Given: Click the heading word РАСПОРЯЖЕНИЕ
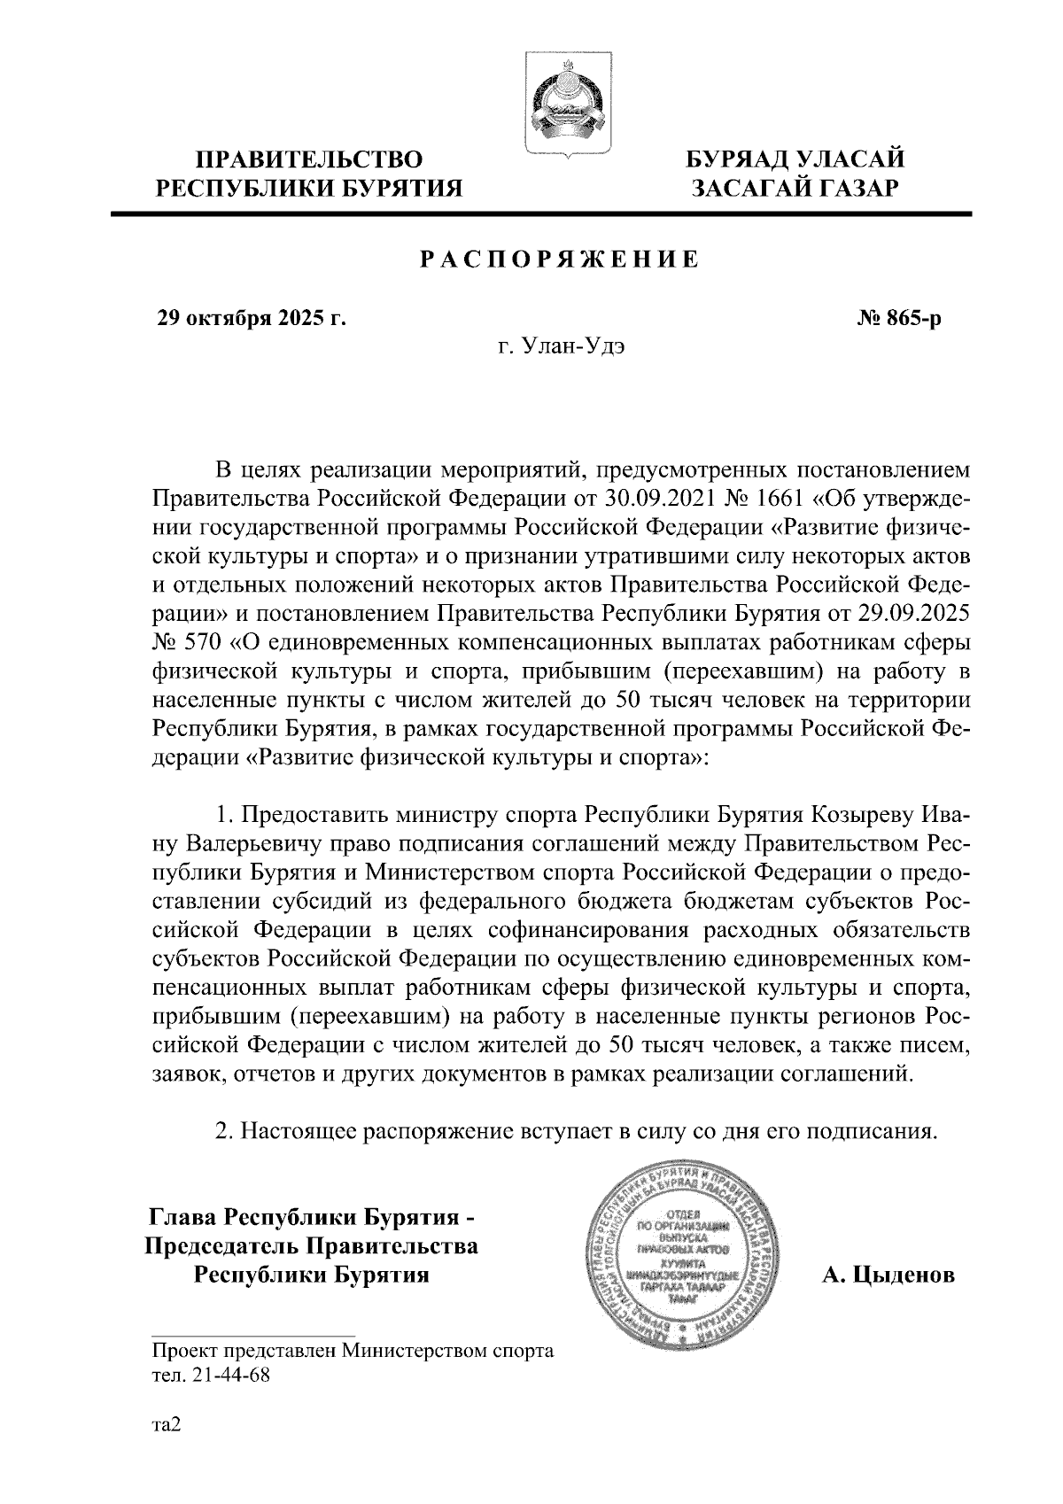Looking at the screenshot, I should [559, 260].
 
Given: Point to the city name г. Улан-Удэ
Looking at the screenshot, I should [561, 346].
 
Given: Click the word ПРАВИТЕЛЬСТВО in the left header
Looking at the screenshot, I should [309, 160].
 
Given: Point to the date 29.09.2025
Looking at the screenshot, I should [913, 613].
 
